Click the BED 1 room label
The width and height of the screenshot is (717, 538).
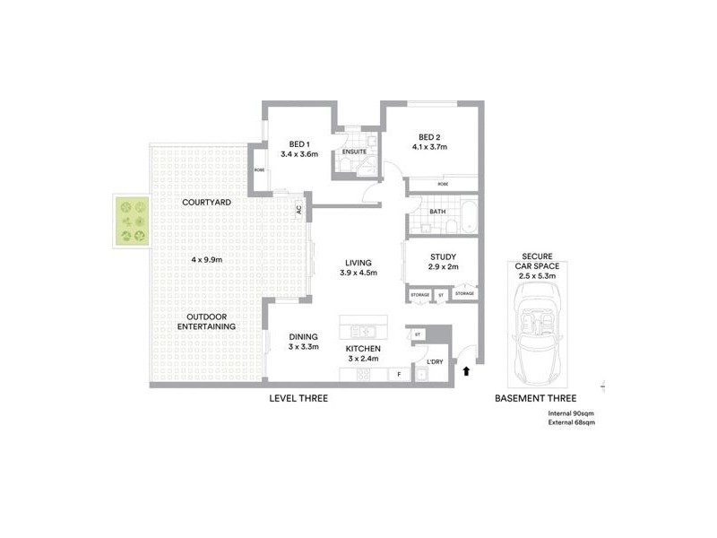(299, 143)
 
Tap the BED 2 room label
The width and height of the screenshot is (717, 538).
(429, 136)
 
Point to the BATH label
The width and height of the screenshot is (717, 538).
(437, 212)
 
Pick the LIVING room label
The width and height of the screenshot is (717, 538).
(356, 263)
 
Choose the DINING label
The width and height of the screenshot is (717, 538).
(304, 337)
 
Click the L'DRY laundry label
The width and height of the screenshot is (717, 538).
(436, 361)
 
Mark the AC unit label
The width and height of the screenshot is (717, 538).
(298, 210)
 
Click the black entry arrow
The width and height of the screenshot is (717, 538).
(466, 369)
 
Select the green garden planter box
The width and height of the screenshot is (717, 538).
(132, 221)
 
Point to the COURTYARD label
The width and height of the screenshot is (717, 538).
(206, 203)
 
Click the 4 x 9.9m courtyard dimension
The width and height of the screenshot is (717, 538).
(206, 259)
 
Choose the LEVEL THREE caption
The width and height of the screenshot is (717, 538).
(298, 398)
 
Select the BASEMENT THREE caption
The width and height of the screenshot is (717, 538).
(535, 398)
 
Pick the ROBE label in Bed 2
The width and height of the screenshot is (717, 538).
(442, 185)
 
